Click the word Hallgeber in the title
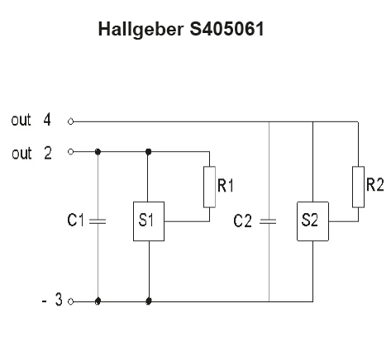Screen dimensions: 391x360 [x=141, y=30]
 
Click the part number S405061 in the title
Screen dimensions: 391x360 [x=226, y=29]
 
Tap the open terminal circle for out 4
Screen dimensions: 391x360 [x=71, y=121]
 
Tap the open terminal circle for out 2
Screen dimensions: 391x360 [x=71, y=152]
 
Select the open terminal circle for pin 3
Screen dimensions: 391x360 [x=71, y=301]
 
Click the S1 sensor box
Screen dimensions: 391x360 [x=149, y=221]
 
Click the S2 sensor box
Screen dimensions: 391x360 [x=312, y=221]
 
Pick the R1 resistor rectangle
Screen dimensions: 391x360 [x=209, y=187]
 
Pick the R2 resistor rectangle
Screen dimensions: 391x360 [x=358, y=187]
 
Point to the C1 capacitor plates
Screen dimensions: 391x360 [x=98, y=221]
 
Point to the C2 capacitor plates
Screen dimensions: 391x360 [x=268, y=221]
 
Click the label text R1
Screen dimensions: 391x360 [x=226, y=185]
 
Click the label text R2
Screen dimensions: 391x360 [x=375, y=185]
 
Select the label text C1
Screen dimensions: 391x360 [x=75, y=220]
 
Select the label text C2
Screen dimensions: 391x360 [x=242, y=220]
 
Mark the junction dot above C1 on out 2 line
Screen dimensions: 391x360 [x=98, y=152]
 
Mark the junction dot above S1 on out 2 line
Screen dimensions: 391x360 [x=149, y=152]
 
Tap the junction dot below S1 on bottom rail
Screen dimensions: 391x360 [x=149, y=301]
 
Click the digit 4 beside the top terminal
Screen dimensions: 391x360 [x=47, y=120]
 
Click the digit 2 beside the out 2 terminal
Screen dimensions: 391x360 [x=48, y=153]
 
